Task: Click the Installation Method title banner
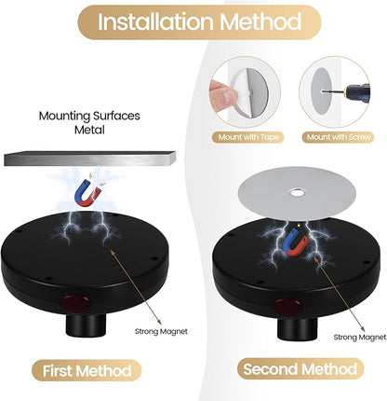[x=199, y=22]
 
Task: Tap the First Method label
[x=87, y=370]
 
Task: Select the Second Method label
[x=300, y=369]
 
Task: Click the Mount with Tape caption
[x=248, y=137]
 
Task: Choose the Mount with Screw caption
[x=339, y=137]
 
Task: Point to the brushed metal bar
[x=89, y=159]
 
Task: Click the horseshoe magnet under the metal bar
[x=88, y=194]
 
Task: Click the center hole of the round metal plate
[x=298, y=193]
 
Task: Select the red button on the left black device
[x=75, y=302]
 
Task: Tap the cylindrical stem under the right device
[x=298, y=329]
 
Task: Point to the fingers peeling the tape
[x=223, y=92]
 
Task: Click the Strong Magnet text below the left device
[x=161, y=331]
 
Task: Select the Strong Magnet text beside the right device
[x=360, y=338]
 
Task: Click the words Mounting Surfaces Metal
[x=89, y=122]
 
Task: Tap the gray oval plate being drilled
[x=322, y=91]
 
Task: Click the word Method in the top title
[x=260, y=21]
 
